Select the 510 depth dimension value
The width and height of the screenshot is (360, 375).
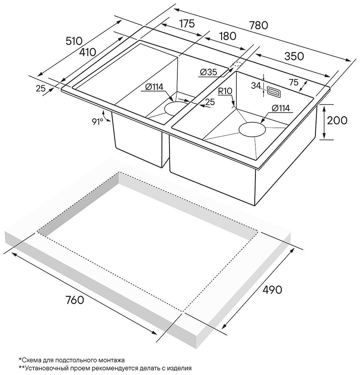pyautogui.click(x=74, y=41)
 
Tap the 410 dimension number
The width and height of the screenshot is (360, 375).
pyautogui.click(x=88, y=52)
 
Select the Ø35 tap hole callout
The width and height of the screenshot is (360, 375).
pyautogui.click(x=209, y=72)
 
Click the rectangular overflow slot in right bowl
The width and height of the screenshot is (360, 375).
pyautogui.click(x=273, y=92)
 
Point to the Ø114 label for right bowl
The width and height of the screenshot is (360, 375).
pyautogui.click(x=280, y=108)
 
